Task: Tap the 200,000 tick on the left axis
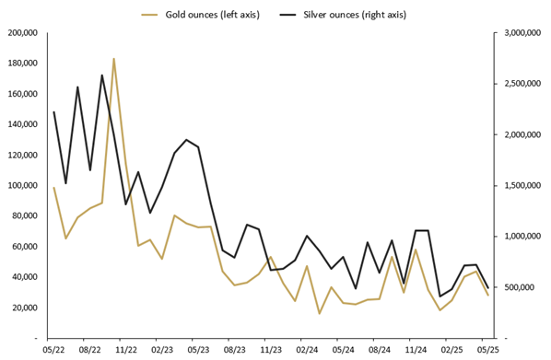pyautogui.click(x=22, y=33)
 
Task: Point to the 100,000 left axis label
pyautogui.click(x=22, y=186)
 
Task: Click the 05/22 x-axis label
pyautogui.click(x=53, y=351)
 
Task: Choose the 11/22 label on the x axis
pyautogui.click(x=126, y=351)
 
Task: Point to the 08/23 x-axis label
pyautogui.click(x=235, y=351)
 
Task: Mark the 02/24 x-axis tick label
pyautogui.click(x=307, y=351)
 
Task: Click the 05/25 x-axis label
pyautogui.click(x=487, y=351)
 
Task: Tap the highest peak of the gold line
pyautogui.click(x=114, y=59)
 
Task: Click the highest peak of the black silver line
pyautogui.click(x=101, y=75)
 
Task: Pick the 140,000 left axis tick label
pyautogui.click(x=22, y=124)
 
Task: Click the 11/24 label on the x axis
pyautogui.click(x=416, y=351)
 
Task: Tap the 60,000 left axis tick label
pyautogui.click(x=25, y=247)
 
